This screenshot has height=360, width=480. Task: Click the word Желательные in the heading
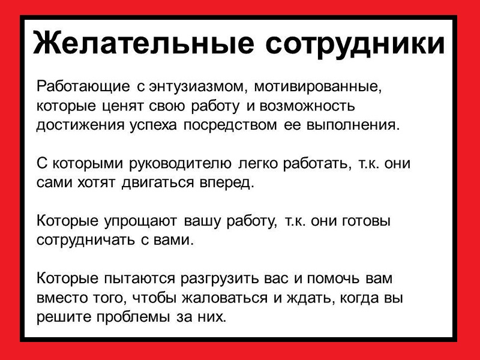click(143, 43)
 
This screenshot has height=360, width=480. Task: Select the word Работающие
click(83, 87)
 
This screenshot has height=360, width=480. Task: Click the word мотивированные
click(318, 87)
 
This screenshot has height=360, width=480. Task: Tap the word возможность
click(307, 106)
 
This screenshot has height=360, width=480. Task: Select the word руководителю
click(181, 164)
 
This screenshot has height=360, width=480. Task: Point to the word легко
click(257, 164)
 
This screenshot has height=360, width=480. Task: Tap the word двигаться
click(158, 183)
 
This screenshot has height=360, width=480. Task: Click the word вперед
click(227, 183)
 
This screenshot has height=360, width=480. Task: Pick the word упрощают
click(140, 221)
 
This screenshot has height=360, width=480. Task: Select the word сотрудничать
click(85, 241)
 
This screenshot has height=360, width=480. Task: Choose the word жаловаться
click(224, 298)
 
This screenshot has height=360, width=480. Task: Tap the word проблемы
click(133, 317)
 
